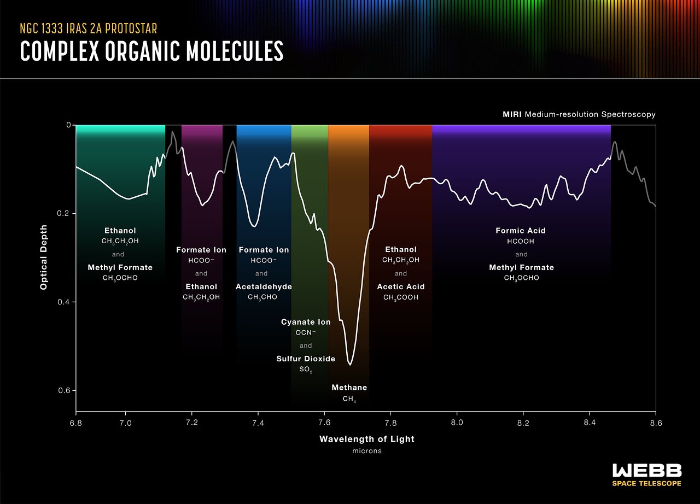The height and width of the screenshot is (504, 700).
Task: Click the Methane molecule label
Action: [349, 388]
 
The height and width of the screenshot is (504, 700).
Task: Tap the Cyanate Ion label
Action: [306, 322]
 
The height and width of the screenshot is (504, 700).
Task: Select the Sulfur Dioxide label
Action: [306, 359]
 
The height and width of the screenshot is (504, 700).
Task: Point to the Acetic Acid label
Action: [401, 286]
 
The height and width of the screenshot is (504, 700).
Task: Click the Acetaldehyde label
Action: [264, 286]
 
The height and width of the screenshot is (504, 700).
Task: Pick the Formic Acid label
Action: [521, 231]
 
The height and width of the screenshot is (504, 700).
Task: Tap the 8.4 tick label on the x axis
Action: [590, 423]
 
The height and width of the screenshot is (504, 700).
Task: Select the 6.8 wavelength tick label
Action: [76, 423]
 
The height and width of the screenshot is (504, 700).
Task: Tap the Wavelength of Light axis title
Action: [367, 439]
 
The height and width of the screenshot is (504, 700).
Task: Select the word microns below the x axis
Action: [367, 452]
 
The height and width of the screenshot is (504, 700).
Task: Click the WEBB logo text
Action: [646, 471]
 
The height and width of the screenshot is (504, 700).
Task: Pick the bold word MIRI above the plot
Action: [512, 115]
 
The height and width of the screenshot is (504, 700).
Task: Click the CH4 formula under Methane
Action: [349, 399]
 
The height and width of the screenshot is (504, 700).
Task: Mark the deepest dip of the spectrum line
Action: [350, 364]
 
